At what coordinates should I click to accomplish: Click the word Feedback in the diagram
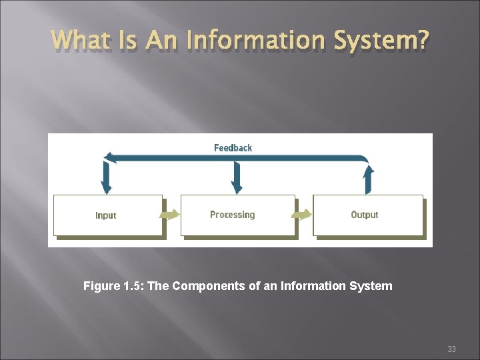point(233,147)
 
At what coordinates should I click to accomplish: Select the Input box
point(107,215)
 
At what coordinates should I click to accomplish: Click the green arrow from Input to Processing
point(171,215)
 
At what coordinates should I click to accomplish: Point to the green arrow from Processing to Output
point(303,215)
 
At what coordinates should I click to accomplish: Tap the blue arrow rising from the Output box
point(367,177)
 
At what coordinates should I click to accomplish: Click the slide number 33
point(451,349)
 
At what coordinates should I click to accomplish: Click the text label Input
point(105,215)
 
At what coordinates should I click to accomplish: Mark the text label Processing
point(232,215)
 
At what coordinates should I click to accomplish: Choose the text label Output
point(364,215)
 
